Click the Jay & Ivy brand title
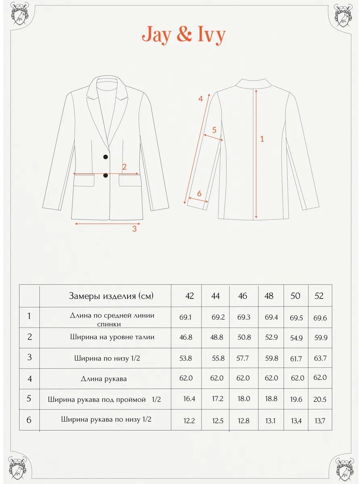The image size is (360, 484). click(184, 35)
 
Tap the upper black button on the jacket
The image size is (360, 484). click(106, 156)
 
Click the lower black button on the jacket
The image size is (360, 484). click(106, 175)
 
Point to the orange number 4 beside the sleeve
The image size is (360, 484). click(201, 99)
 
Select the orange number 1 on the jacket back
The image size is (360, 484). click(262, 139)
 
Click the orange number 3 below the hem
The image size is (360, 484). click(134, 229)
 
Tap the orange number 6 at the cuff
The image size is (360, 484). click(199, 193)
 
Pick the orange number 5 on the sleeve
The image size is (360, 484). click(214, 130)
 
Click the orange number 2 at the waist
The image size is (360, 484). click(124, 167)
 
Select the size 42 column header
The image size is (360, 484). click(189, 296)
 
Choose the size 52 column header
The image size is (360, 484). click(319, 296)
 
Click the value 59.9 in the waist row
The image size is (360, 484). click(321, 338)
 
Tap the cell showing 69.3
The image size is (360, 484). click(244, 317)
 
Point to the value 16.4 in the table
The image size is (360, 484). click(189, 398)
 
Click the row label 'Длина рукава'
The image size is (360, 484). click(104, 379)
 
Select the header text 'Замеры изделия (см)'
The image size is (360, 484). click(111, 296)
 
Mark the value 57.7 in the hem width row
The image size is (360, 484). click(243, 358)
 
